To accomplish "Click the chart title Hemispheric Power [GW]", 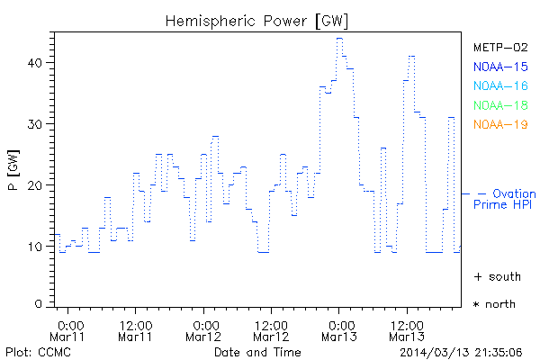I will point(257,19).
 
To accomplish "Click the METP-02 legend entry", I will point(499,47).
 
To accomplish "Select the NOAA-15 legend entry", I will point(499,67).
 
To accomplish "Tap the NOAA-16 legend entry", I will point(499,85).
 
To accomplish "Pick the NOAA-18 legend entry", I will point(499,105).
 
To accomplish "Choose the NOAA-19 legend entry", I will point(499,124).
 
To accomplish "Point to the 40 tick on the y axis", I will point(38,62).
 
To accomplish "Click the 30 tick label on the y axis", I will point(38,123).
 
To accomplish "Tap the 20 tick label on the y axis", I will point(38,184).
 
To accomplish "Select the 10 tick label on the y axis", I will point(38,246).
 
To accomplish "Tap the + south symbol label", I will point(494,275).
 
